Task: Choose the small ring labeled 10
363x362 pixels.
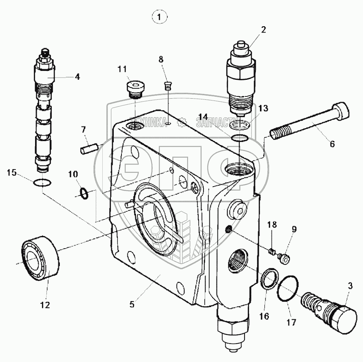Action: tap(85, 192)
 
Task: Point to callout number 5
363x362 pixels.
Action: tap(132, 305)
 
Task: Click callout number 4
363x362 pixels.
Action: tap(77, 77)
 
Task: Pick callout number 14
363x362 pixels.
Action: tap(204, 116)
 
